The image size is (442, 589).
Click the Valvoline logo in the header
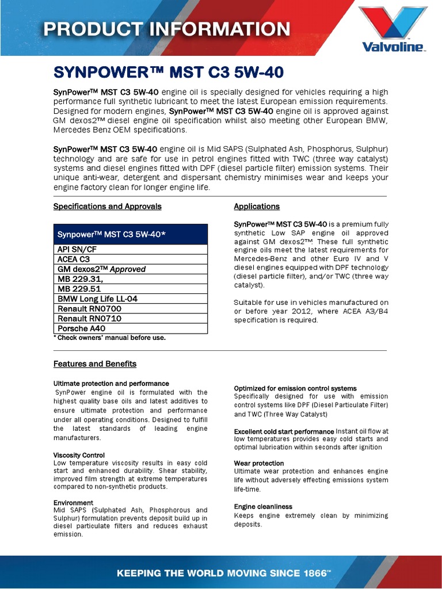(393, 29)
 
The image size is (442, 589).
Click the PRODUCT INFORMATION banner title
(167, 29)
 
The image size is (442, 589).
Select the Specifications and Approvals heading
(108, 206)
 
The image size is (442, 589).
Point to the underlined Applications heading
(257, 206)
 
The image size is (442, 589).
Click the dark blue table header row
(130, 234)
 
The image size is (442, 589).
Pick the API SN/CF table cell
(130, 250)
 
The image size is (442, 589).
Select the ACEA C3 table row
(130, 259)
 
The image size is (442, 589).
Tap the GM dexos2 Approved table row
(130, 269)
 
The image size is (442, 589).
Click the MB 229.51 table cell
(130, 289)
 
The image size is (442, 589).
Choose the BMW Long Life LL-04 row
(130, 299)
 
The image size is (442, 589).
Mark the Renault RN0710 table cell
(130, 319)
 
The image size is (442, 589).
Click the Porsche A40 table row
(130, 328)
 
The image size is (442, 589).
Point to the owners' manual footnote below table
(109, 338)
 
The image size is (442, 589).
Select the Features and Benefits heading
(95, 364)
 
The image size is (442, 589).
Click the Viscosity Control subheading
(79, 455)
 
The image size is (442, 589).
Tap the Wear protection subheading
(259, 463)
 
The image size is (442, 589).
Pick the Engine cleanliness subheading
(263, 507)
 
